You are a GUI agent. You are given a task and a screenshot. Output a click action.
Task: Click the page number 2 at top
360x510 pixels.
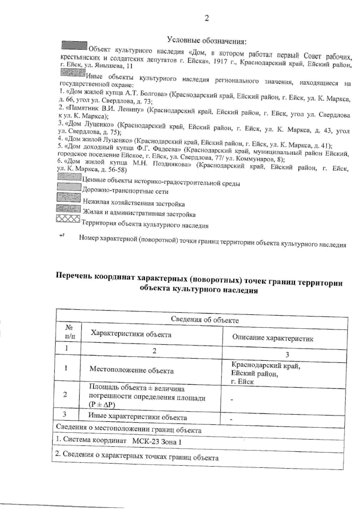(206, 18)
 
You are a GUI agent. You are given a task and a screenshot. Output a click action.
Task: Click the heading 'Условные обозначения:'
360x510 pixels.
(207, 40)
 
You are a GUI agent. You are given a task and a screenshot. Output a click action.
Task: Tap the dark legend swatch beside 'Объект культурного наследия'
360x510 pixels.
(74, 45)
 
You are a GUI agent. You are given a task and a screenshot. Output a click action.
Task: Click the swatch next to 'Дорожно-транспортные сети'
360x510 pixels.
(69, 187)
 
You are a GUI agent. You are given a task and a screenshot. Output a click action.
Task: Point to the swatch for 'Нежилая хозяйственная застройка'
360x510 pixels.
(69, 197)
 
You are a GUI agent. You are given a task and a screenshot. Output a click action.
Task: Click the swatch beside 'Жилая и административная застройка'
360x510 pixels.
(68, 208)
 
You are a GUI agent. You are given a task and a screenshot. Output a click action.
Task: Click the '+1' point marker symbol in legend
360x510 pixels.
(62, 236)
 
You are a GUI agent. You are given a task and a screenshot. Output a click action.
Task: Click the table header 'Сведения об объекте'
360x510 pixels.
(205, 319)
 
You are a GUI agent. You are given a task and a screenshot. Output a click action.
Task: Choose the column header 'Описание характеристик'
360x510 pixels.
(273, 338)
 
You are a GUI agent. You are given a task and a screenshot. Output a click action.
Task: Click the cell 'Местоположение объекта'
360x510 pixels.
(131, 370)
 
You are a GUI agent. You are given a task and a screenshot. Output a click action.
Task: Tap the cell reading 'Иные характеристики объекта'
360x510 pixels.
(137, 417)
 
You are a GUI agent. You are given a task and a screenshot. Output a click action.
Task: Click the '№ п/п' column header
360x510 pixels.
(68, 332)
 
